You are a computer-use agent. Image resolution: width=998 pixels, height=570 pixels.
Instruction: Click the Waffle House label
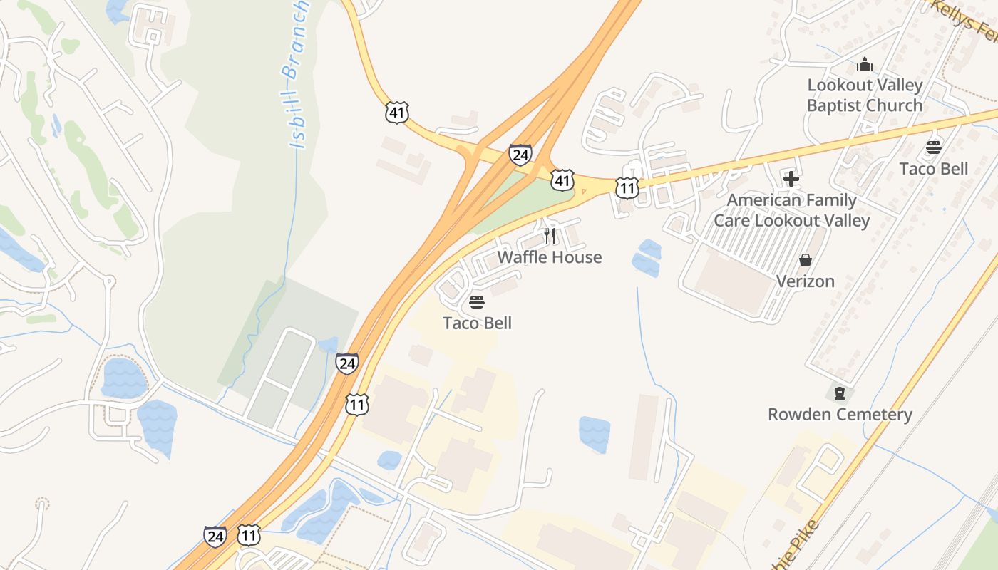[550, 257]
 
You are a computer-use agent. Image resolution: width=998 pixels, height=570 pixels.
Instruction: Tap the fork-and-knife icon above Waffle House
[550, 235]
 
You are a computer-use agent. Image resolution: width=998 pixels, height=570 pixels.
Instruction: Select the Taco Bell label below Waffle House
[478, 323]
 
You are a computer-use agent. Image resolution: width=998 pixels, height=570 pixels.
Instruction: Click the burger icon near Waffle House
[477, 302]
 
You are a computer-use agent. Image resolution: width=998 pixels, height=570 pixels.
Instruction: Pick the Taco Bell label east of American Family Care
[934, 169]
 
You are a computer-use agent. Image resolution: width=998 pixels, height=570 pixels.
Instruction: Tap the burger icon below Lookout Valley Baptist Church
[934, 147]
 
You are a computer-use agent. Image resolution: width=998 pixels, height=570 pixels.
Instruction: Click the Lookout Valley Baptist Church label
[865, 95]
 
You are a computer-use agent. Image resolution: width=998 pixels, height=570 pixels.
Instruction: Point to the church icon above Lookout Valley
[865, 65]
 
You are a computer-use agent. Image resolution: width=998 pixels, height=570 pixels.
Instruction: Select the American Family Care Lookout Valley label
[792, 210]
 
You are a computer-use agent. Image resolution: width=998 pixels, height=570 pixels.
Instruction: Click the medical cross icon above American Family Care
[791, 179]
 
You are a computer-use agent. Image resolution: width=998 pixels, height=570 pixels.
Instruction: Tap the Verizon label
[806, 281]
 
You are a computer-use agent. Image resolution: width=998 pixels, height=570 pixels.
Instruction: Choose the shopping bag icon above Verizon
[806, 260]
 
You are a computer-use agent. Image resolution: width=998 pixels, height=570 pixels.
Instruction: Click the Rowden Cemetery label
[840, 415]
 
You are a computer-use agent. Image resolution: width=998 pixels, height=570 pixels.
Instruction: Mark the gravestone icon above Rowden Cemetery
[840, 393]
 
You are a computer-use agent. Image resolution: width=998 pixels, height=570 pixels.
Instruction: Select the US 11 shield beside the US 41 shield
[627, 188]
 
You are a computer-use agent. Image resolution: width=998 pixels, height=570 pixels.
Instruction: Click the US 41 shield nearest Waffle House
[563, 180]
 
